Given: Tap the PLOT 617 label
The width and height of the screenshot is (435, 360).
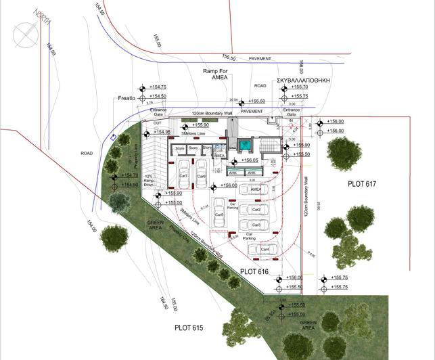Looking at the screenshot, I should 362,183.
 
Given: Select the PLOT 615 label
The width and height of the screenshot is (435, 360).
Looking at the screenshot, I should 189,328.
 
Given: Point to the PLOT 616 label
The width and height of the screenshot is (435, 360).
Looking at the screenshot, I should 254,271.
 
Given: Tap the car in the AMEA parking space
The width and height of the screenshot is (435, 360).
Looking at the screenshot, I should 256,190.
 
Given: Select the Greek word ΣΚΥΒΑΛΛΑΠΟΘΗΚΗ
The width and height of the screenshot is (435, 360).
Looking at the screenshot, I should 303,79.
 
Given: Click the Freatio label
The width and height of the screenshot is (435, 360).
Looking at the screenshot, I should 127,98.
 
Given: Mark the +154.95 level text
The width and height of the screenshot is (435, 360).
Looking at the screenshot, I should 159,132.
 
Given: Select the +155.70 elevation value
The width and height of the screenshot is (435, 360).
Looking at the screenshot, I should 300,87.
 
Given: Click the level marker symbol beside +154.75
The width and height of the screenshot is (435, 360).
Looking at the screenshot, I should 142,87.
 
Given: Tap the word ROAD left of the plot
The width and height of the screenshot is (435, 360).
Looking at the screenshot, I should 87,154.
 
